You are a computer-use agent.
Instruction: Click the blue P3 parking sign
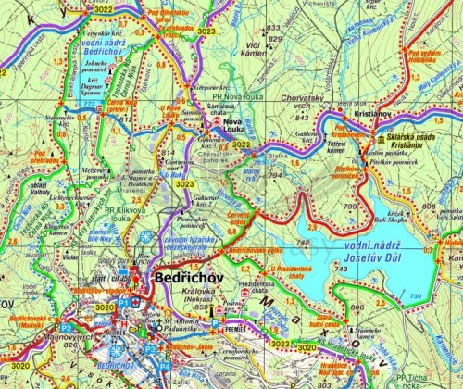(x=151, y=348)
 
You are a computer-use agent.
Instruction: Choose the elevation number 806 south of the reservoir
(x=357, y=307)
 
